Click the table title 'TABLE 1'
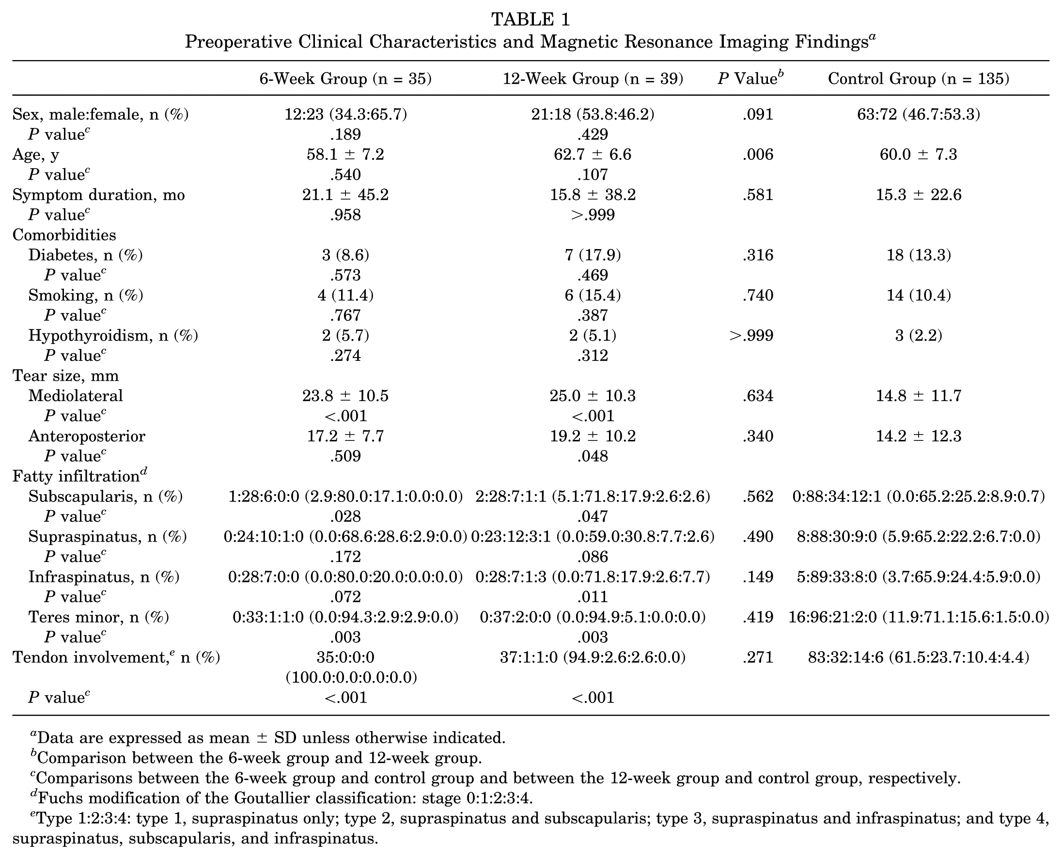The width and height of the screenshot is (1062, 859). (531, 19)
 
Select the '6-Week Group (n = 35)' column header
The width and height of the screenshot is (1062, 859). (345, 78)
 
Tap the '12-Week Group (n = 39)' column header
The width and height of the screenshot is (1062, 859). (593, 78)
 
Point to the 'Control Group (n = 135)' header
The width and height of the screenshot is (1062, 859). (919, 78)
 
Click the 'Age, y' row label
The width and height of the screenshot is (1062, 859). (36, 156)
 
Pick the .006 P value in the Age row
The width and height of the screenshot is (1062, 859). (758, 155)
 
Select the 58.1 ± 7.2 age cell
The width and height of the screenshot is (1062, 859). (345, 155)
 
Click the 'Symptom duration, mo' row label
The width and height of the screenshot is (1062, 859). (98, 195)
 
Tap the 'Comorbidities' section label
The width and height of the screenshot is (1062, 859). (64, 234)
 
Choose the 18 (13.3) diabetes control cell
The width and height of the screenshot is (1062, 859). (919, 255)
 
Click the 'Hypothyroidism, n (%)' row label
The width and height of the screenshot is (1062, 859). (113, 336)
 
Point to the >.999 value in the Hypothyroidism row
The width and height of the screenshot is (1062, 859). (751, 336)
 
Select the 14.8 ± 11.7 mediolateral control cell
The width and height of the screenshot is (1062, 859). (919, 396)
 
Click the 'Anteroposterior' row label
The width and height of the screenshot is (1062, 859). (87, 437)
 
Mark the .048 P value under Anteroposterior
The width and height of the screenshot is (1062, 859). (593, 456)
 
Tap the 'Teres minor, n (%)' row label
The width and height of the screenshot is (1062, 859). (99, 617)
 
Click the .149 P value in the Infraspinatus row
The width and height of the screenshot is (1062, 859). (758, 577)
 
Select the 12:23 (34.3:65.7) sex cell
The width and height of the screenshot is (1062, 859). (345, 115)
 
